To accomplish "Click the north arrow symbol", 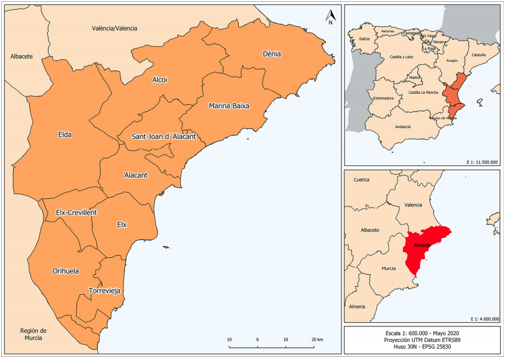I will (x=331, y=17).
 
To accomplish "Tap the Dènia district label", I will (x=272, y=54).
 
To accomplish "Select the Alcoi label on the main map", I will (x=160, y=80).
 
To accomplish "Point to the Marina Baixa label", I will (x=229, y=106).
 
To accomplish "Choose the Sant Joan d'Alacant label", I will (x=164, y=137).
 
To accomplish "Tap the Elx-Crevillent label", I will (x=76, y=213).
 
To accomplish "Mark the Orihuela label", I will (x=65, y=271).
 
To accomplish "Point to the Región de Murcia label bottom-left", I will (x=34, y=334).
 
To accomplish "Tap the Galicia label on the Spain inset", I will (x=365, y=39).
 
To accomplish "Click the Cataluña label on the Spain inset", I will (x=479, y=55).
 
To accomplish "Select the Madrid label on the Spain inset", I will (x=415, y=78).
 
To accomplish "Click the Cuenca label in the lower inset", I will (x=361, y=180).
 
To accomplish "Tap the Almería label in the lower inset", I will (x=357, y=307).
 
